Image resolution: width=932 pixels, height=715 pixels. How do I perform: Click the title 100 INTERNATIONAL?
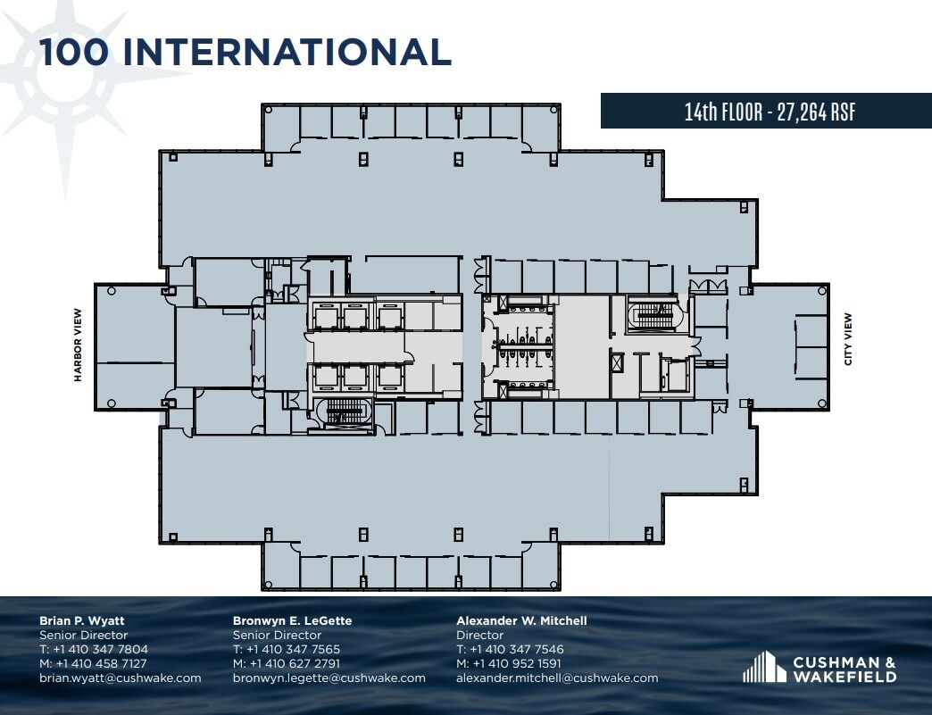[245, 52]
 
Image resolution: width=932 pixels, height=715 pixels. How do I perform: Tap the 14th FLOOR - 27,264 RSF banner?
[770, 112]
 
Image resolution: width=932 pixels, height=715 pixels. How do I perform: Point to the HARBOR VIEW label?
[78, 345]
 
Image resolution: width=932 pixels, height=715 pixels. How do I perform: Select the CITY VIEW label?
[848, 338]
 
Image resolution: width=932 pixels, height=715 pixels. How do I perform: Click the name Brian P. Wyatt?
[82, 620]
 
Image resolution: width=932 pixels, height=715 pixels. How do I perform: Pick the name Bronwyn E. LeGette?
[292, 620]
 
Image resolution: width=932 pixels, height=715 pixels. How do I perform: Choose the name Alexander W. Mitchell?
[521, 620]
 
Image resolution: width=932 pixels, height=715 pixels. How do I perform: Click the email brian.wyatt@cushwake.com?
[121, 678]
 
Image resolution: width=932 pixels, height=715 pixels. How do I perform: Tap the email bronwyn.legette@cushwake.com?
[329, 678]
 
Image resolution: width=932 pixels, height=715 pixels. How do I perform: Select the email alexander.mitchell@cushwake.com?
[557, 678]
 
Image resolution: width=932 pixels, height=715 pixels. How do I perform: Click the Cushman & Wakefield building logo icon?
[764, 668]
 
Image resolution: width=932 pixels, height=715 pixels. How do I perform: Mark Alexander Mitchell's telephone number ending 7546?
[510, 649]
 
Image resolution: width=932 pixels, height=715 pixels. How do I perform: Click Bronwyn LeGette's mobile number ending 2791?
[287, 663]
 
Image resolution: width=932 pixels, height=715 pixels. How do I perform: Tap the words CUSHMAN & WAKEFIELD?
[845, 669]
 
